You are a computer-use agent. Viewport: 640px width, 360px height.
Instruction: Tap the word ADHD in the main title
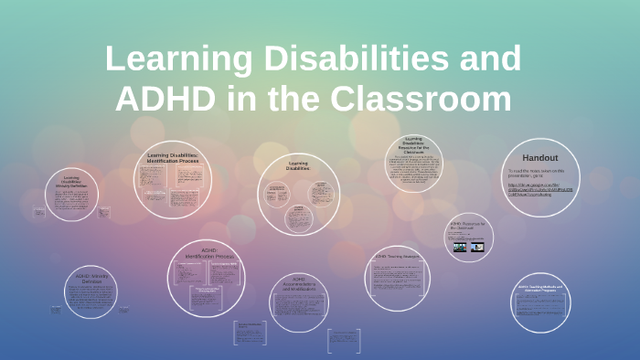(165, 98)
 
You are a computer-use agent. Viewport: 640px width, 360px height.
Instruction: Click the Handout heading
(539, 157)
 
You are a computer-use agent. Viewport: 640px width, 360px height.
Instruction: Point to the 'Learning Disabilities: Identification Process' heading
(172, 159)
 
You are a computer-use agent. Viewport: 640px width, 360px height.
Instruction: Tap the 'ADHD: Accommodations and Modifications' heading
(299, 283)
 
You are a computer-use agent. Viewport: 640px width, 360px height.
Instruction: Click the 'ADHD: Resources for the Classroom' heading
(469, 225)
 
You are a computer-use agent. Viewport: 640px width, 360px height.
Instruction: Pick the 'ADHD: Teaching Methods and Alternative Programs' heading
(544, 290)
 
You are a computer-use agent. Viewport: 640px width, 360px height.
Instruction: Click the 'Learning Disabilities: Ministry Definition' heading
(72, 181)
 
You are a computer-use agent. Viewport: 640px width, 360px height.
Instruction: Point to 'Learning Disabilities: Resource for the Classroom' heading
(414, 145)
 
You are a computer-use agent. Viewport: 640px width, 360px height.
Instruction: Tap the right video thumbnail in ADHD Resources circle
(477, 246)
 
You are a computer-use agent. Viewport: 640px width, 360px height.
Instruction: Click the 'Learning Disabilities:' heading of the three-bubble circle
(298, 165)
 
